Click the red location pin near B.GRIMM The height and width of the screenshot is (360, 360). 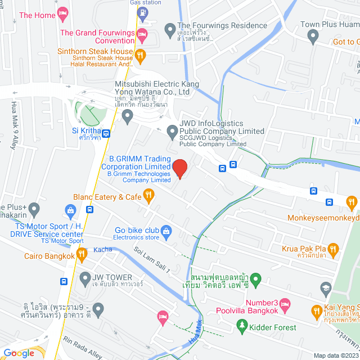(179, 168)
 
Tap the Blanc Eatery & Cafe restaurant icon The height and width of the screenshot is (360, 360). (149, 196)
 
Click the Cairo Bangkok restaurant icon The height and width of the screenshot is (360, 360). (82, 255)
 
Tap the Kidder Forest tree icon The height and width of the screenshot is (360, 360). (242, 325)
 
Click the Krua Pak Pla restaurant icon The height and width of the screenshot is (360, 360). (332, 249)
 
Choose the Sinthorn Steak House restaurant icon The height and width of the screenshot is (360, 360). (141, 55)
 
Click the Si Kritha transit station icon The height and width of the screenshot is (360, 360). (106, 134)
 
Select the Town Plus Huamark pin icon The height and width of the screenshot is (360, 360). (313, 37)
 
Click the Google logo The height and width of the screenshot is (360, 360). (19, 353)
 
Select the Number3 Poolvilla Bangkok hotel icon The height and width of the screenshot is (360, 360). (285, 305)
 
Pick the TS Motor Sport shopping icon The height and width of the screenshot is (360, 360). (71, 212)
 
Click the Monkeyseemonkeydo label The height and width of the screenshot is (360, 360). (323, 218)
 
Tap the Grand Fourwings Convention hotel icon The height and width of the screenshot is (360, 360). (142, 35)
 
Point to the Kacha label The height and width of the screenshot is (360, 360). (103, 249)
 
